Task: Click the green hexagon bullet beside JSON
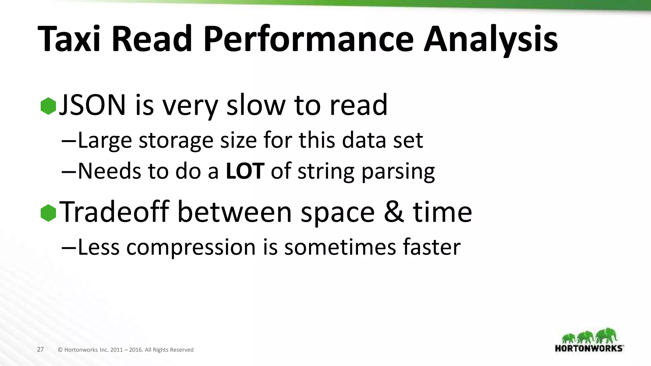point(48,106)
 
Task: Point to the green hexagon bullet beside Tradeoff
point(48,213)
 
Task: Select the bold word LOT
point(245,171)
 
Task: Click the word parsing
point(398,172)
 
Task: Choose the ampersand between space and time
point(394,212)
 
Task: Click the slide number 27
point(40,349)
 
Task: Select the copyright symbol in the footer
point(60,350)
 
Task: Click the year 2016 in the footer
point(135,350)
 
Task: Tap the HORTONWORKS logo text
point(589,348)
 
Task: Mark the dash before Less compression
point(69,247)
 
